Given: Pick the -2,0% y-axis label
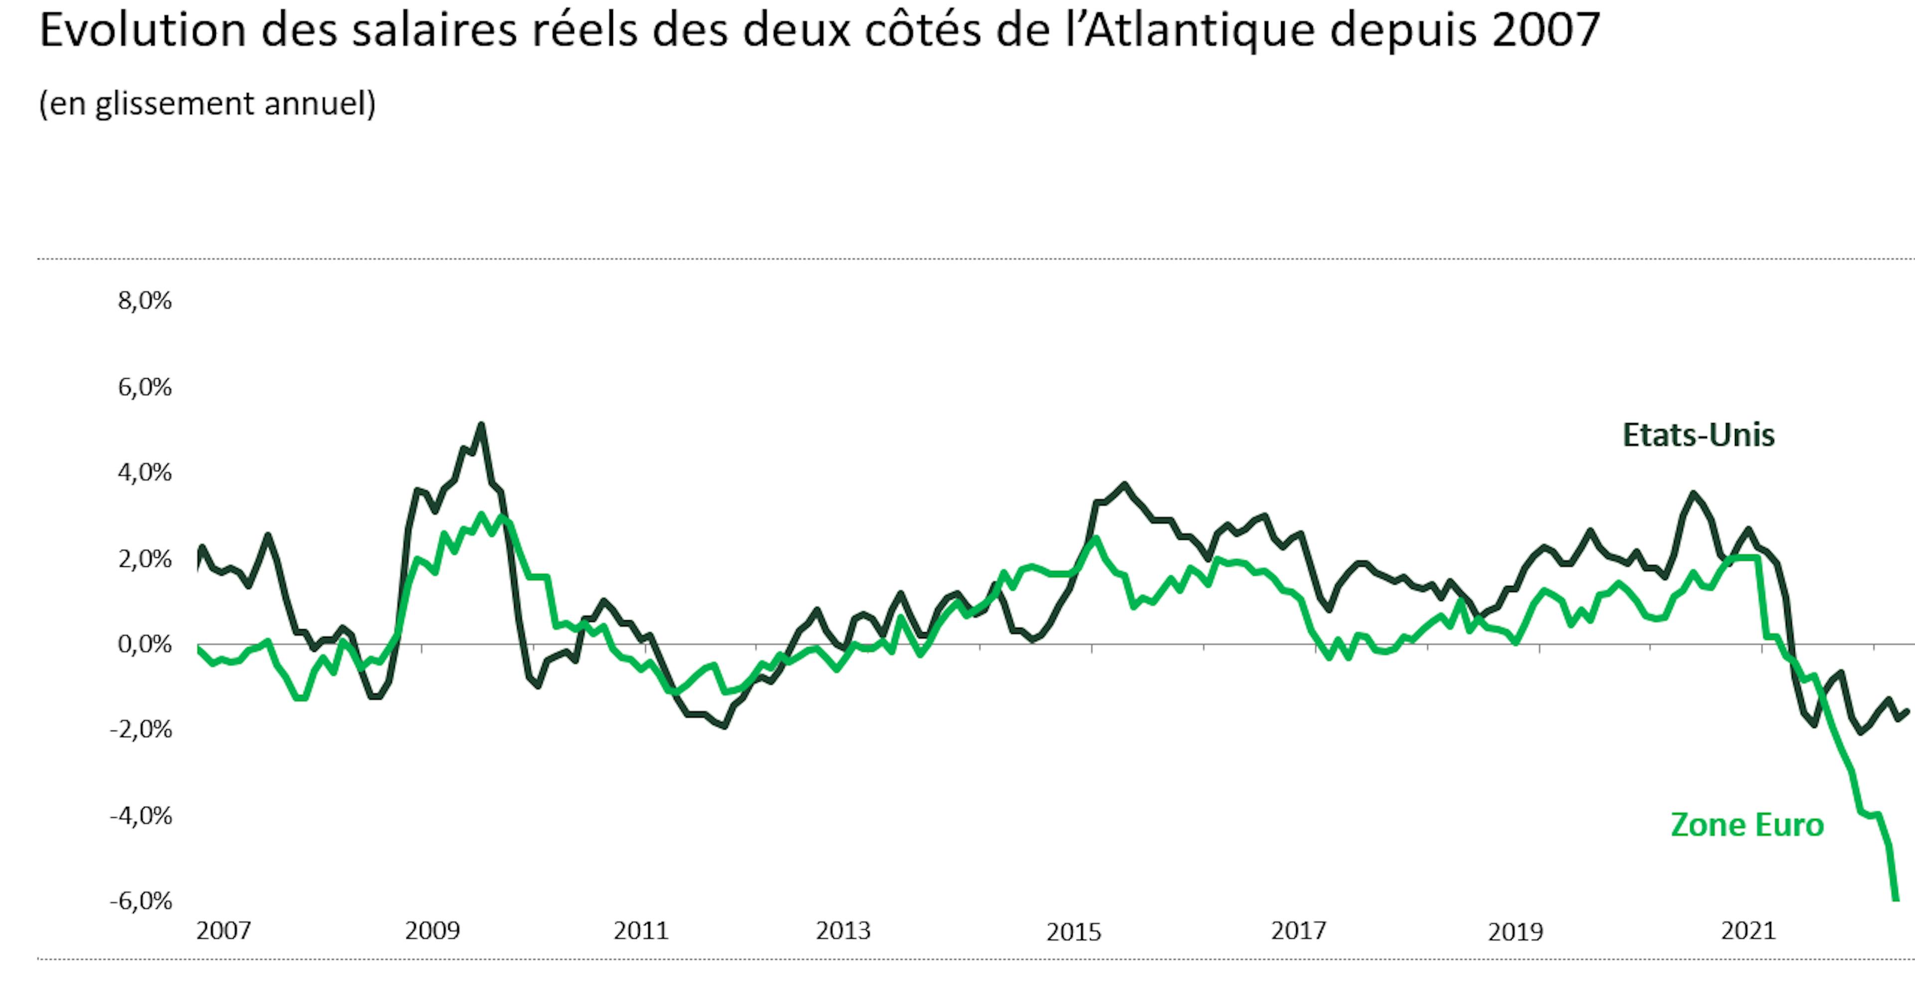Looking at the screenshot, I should click(141, 730).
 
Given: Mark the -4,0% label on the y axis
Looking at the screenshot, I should click(141, 816).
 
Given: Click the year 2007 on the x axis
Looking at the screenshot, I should click(224, 931).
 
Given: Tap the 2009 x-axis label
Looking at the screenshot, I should click(433, 931).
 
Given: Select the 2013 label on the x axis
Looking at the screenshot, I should click(843, 931).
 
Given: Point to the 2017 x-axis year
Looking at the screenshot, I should click(1298, 931).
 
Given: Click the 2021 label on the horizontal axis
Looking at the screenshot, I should click(1748, 931).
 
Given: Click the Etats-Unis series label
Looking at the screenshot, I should click(1698, 435).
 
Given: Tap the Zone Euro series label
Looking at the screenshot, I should click(1747, 825).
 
